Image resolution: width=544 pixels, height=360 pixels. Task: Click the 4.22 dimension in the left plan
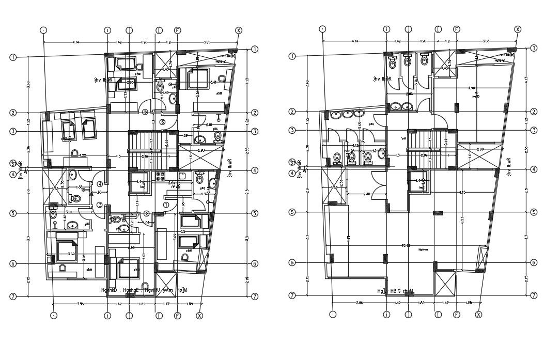82,155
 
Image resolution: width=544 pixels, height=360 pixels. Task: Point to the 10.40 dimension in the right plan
406,245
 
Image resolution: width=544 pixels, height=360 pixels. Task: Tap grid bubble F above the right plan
457,29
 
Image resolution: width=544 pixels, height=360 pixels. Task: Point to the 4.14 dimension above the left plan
75,41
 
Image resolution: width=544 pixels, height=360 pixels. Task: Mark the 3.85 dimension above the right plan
486,41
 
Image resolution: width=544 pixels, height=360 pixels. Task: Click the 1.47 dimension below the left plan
166,304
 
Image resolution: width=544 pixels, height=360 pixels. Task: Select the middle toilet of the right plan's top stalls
407,61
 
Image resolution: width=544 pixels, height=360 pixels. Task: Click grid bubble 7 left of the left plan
12,296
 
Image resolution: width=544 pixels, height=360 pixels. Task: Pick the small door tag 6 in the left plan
162,122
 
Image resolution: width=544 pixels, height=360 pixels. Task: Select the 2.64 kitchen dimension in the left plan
172,183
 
